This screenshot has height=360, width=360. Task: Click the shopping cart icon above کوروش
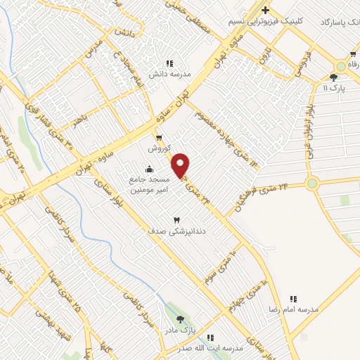[x=159, y=138]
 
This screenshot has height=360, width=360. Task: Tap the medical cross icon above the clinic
[x=265, y=10]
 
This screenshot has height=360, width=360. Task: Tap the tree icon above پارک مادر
[x=180, y=319]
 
